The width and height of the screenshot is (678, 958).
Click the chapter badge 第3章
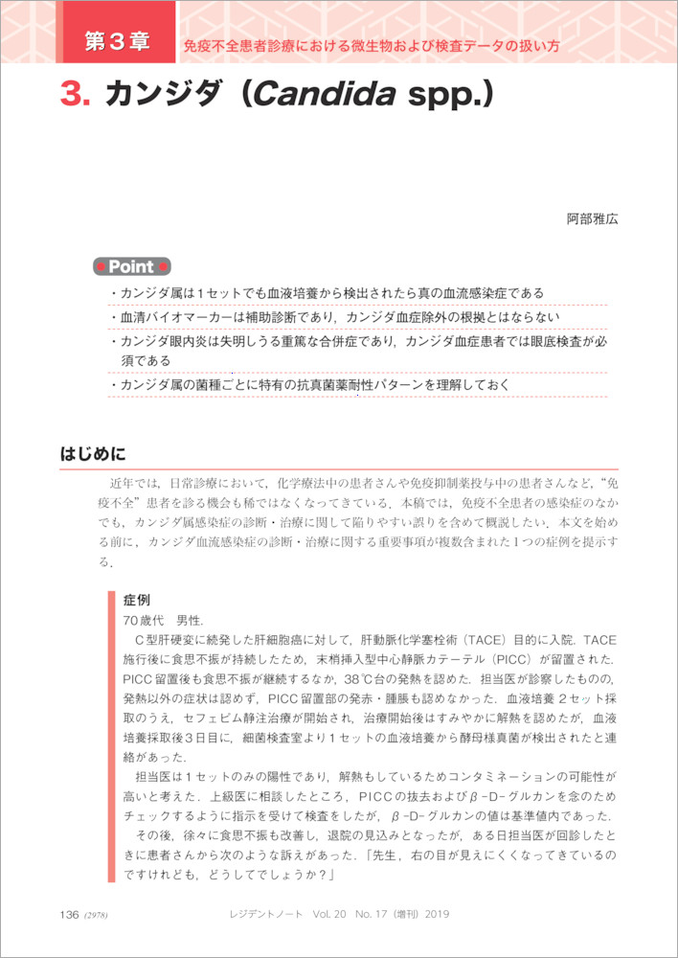coord(117,41)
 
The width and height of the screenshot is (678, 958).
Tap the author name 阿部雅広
coord(592,218)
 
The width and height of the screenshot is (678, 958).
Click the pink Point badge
coord(131,266)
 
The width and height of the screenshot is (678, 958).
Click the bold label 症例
coord(137,600)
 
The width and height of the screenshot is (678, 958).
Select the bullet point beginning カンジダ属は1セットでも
coord(327,293)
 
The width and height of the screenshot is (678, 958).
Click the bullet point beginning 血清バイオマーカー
coord(334,317)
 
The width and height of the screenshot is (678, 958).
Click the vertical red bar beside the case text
coord(112,738)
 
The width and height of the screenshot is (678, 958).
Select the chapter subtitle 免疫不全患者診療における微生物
coord(372,45)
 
